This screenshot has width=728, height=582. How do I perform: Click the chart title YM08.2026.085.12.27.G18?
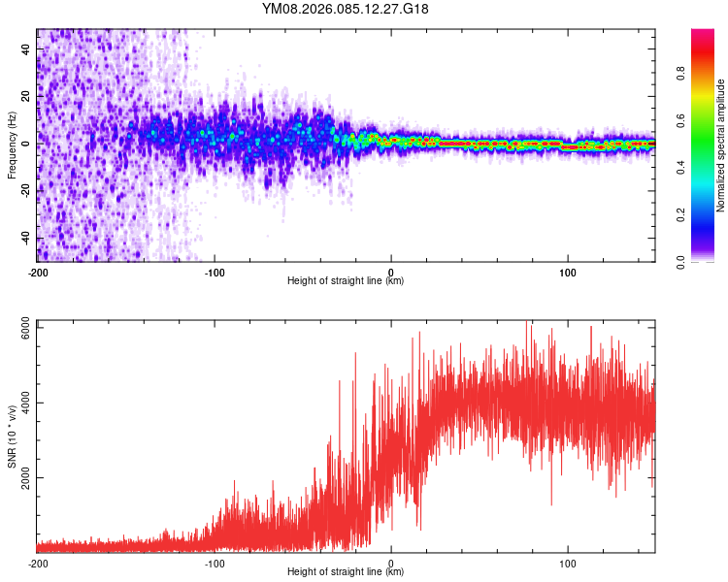tap(346, 9)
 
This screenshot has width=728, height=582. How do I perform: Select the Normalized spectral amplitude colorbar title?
tap(721, 145)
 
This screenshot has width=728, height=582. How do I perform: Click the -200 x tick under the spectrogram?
tap(37, 271)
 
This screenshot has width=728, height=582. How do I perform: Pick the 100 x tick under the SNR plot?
tap(568, 563)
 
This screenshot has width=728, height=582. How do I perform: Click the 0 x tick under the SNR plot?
tap(391, 563)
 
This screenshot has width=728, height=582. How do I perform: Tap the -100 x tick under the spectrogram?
tap(215, 271)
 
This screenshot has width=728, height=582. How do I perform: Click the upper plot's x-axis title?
tap(346, 281)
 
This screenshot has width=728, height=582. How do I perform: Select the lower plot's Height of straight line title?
tap(346, 573)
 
